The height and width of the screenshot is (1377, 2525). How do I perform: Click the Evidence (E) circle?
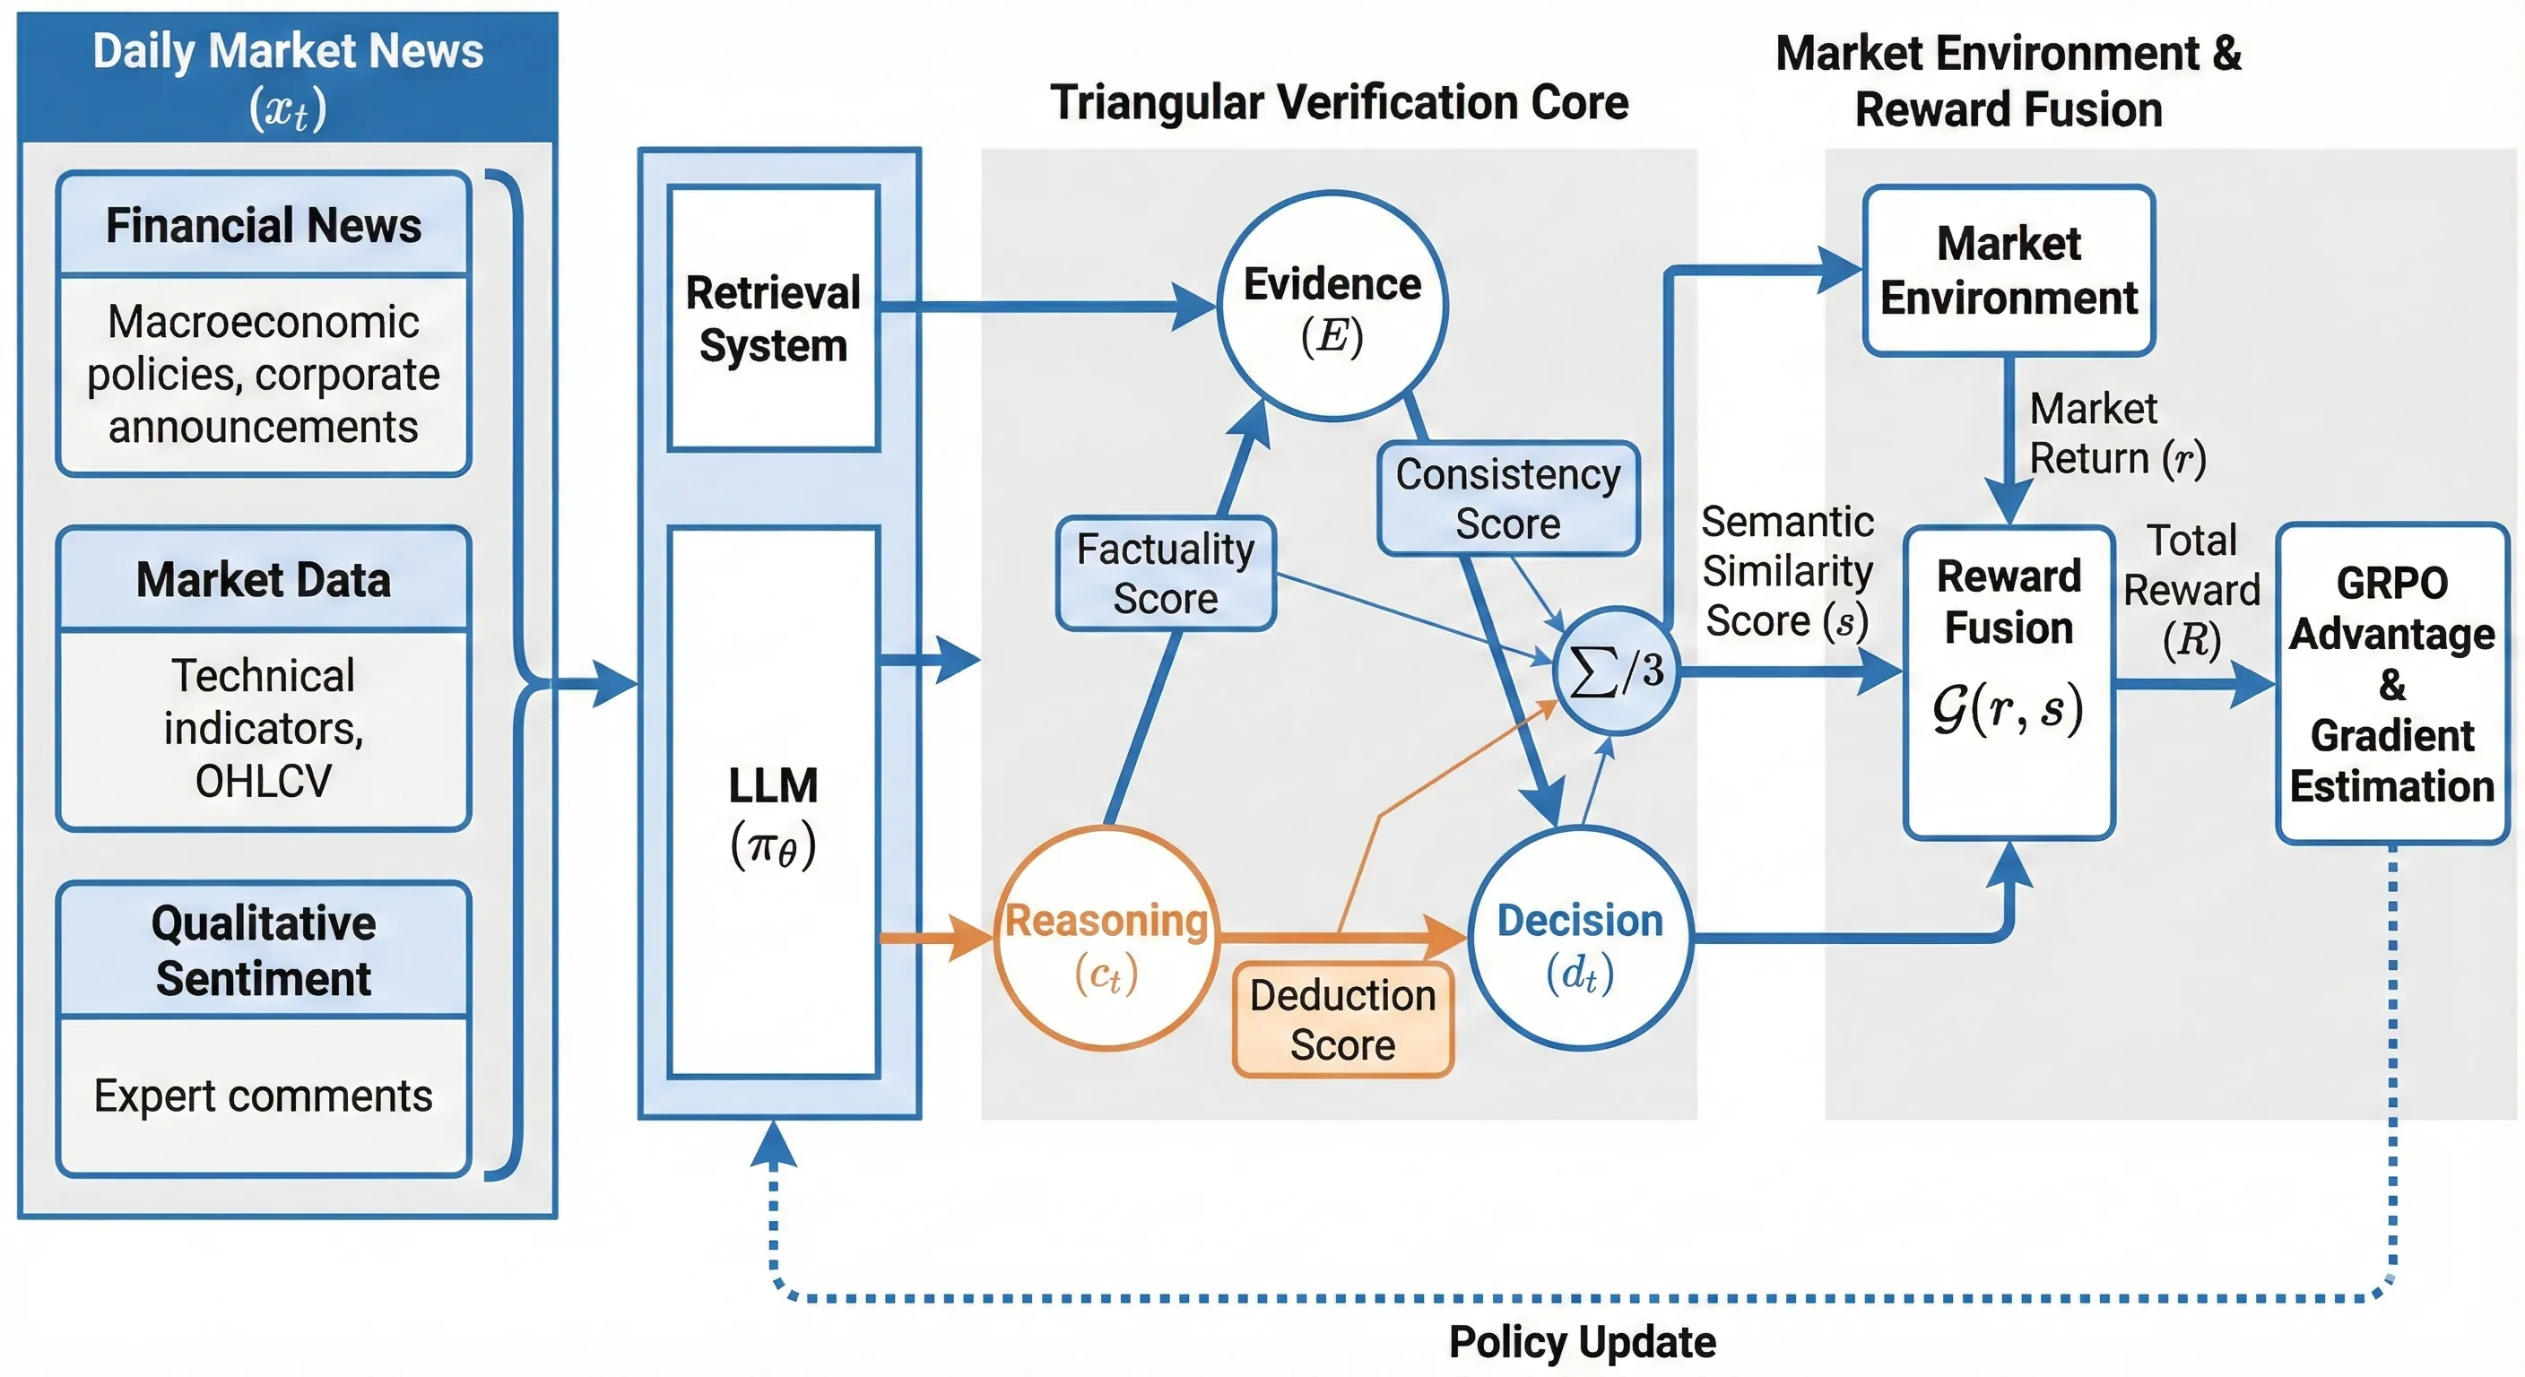coord(1332,306)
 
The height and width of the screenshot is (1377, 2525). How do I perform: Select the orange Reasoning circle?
coord(1106,939)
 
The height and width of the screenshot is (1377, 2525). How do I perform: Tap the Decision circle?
coord(1580,939)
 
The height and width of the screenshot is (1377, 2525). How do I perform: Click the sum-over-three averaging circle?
coord(1616,671)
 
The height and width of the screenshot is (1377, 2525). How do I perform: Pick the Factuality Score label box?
coord(1166,574)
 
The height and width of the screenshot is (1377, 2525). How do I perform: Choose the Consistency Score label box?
coord(1507,498)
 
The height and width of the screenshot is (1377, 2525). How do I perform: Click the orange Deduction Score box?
coord(1342,1020)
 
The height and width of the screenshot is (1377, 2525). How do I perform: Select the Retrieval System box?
coord(774,318)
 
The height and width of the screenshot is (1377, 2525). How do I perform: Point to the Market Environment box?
coord(2009,271)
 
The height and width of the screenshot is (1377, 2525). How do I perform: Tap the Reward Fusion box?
coord(2009,682)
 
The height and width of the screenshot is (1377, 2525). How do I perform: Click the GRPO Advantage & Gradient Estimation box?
coord(2391,684)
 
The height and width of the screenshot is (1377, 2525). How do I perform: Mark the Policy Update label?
coord(1582,1342)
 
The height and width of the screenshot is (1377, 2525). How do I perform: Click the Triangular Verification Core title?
coord(1339,103)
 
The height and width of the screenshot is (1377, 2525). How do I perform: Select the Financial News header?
coord(264,225)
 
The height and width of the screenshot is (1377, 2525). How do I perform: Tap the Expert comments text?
coord(263,1096)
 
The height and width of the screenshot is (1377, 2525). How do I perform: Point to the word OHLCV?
coord(264,781)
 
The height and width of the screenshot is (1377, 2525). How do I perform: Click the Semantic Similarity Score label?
coord(1787,571)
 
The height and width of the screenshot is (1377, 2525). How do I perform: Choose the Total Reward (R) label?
coord(2191,590)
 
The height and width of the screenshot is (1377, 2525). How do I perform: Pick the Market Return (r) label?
coord(2115,433)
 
